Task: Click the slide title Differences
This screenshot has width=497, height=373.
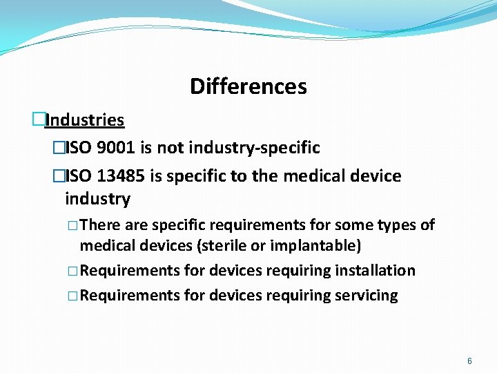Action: (x=248, y=86)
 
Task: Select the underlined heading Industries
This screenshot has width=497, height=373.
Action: (x=85, y=120)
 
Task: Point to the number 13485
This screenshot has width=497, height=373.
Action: (x=121, y=176)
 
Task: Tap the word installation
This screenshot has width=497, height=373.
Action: (x=374, y=271)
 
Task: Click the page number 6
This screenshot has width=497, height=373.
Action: (x=470, y=361)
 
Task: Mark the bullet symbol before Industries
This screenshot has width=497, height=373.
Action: (x=39, y=119)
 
